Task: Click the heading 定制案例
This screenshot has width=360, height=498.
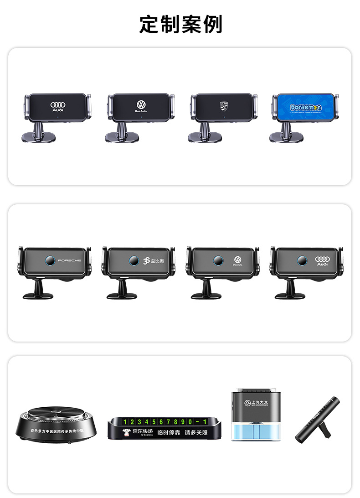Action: point(180,24)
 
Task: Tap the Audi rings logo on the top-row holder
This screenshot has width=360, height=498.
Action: point(58,105)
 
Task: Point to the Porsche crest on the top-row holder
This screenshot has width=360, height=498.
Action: point(223,105)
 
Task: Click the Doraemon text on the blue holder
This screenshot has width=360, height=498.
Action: point(306,108)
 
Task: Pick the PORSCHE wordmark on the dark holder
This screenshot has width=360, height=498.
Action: point(69,260)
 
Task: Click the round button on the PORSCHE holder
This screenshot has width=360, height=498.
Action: point(50,260)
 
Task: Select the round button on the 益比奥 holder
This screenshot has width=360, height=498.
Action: point(134,260)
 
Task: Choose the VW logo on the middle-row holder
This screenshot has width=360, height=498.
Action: point(237,259)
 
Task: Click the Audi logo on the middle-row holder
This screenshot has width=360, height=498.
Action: point(322,259)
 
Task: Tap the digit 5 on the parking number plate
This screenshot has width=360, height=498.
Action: point(154,422)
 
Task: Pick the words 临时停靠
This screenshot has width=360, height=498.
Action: point(168,432)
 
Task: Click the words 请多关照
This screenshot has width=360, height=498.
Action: point(196,432)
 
